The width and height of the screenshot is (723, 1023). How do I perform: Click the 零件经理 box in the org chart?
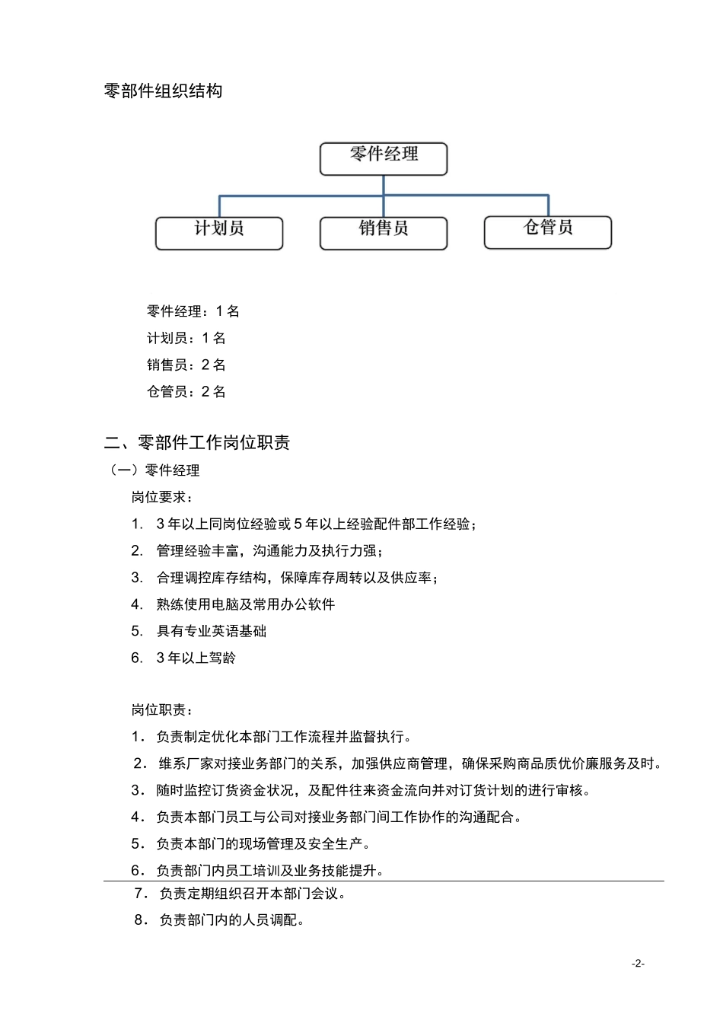384,158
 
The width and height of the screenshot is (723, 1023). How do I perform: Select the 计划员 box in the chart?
219,232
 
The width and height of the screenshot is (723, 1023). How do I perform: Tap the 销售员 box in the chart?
384,232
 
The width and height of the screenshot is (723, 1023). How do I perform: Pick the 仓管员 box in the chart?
548,231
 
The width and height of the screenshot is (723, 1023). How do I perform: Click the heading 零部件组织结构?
163,91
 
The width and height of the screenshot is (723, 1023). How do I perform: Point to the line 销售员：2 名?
186,365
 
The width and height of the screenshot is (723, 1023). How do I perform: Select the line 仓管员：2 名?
186,392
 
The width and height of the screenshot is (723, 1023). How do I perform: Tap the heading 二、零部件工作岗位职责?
197,443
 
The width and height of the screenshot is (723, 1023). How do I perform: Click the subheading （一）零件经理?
155,470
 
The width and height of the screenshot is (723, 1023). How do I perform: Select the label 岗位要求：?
162,498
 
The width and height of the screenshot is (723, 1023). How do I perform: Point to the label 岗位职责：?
162,710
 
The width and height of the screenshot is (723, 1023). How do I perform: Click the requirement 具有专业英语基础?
212,631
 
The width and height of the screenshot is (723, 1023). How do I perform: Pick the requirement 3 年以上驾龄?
196,658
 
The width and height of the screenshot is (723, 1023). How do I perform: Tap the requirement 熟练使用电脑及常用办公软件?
246,604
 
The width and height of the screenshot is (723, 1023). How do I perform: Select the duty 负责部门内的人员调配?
232,920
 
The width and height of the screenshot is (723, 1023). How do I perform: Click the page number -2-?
638,964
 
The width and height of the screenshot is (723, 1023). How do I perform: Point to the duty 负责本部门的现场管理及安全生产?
263,844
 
